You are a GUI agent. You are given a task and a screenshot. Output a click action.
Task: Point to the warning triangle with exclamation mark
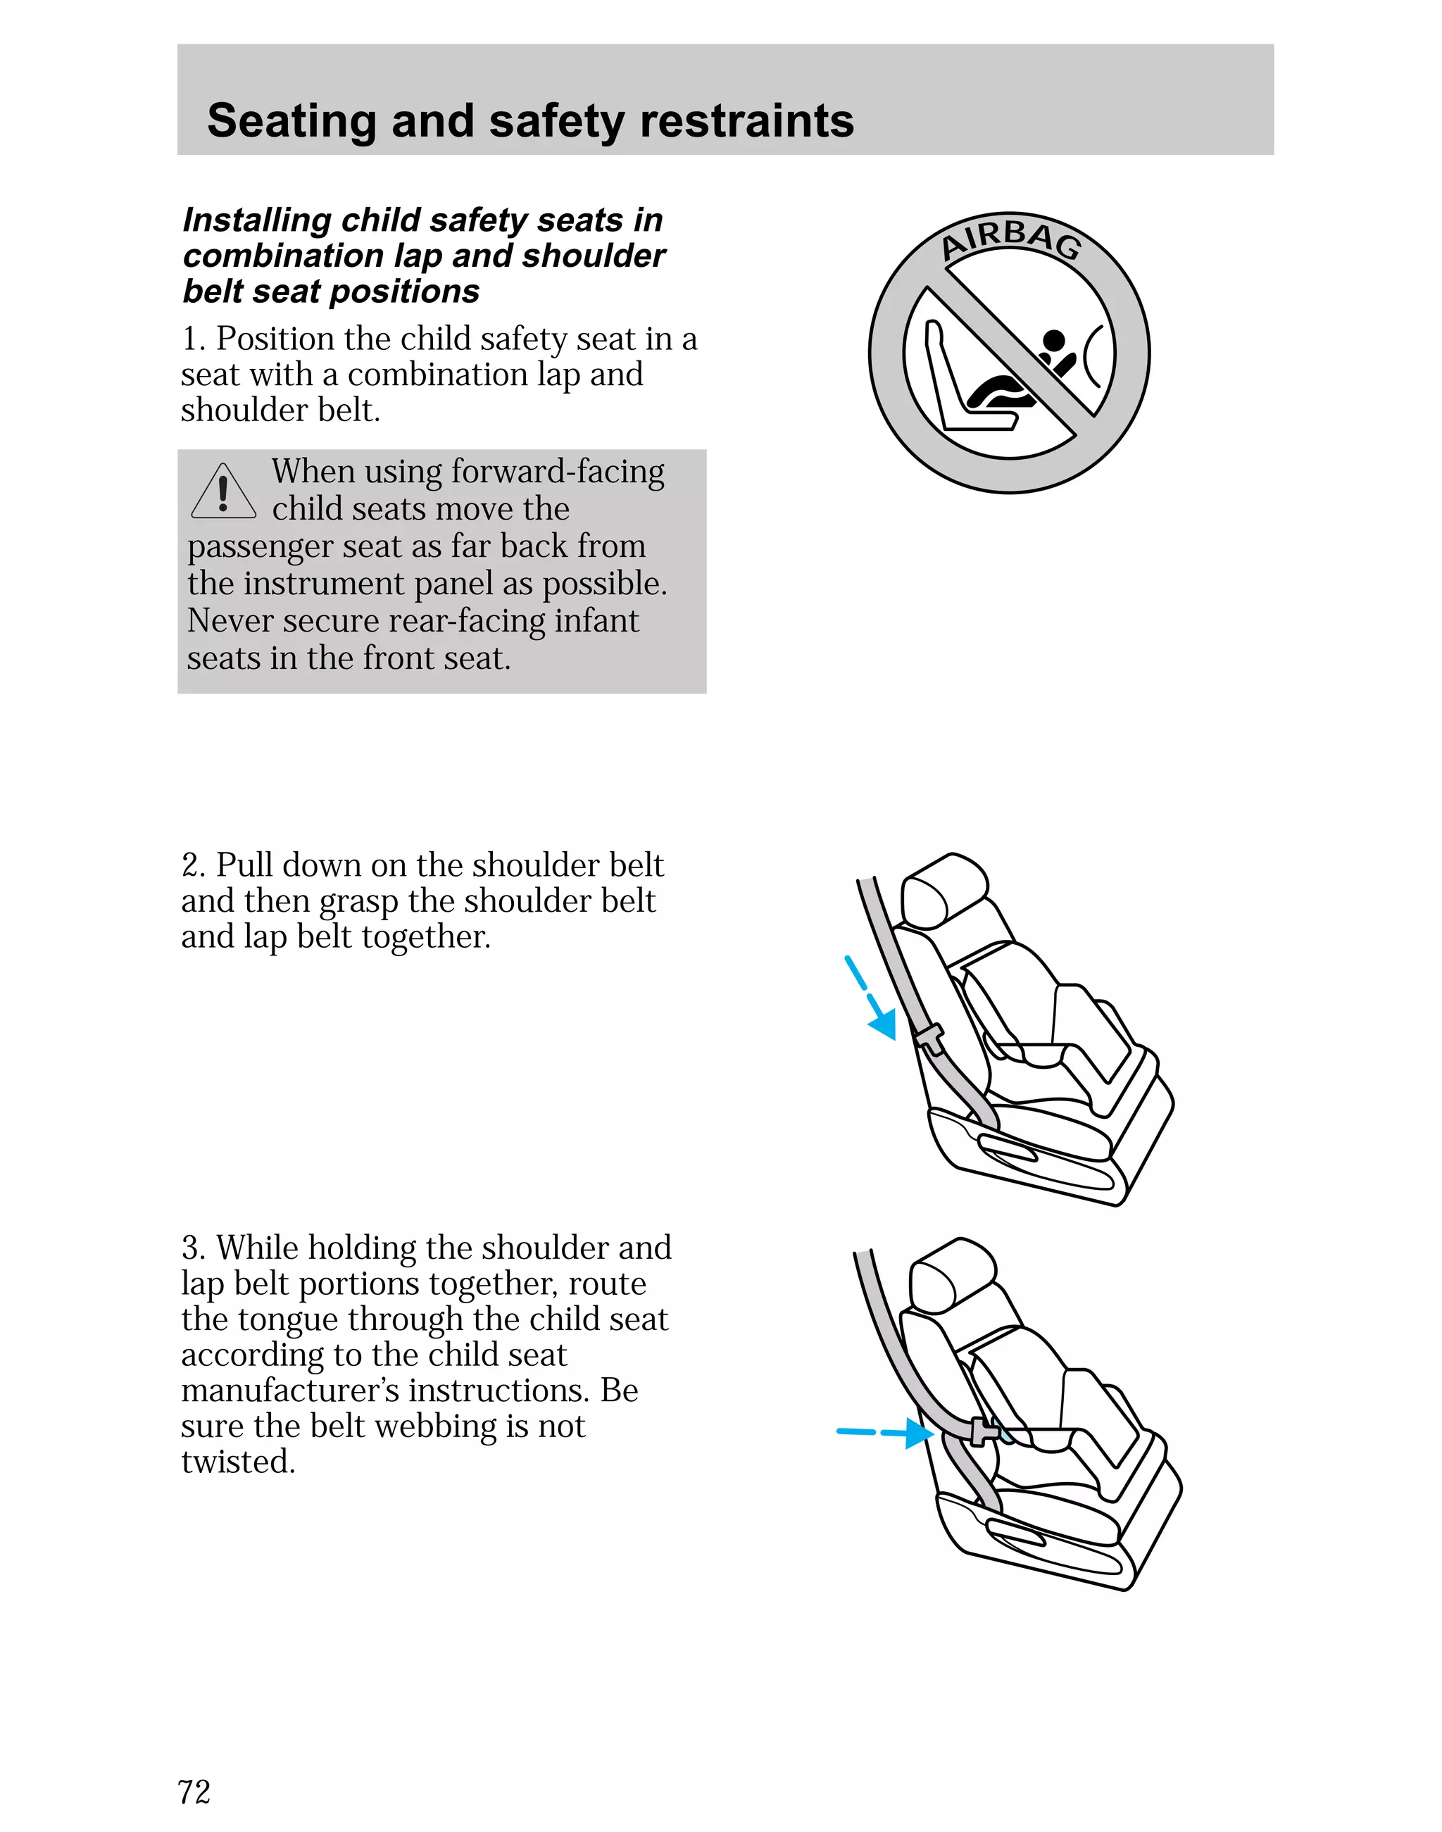(x=223, y=491)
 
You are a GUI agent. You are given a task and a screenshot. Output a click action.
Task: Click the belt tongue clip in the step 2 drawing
(x=928, y=1038)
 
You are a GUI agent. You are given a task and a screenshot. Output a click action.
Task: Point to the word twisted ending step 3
(x=237, y=1462)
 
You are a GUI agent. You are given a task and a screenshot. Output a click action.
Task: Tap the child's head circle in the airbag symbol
(x=1053, y=341)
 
